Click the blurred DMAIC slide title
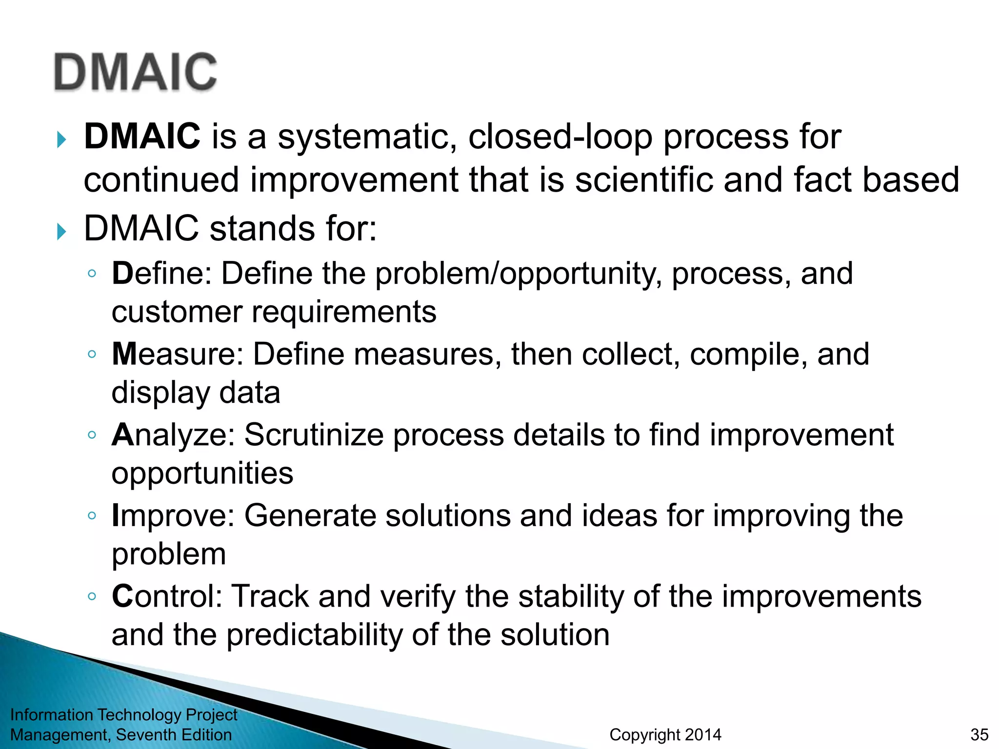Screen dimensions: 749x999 point(135,72)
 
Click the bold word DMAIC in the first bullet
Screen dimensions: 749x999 point(142,137)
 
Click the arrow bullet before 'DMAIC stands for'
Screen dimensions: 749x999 point(61,231)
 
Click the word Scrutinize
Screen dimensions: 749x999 point(314,434)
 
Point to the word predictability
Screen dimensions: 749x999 point(314,635)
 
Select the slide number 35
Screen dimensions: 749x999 point(979,734)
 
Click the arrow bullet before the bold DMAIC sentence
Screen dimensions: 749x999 point(61,140)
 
